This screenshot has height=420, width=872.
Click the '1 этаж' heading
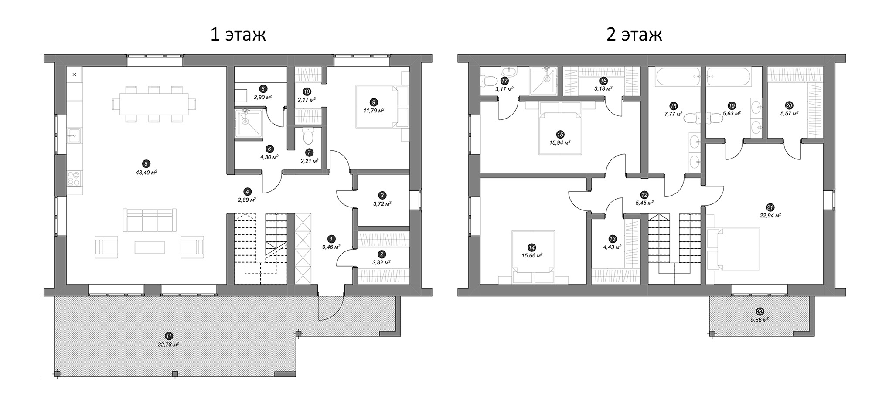(238, 34)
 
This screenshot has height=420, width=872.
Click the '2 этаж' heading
(634, 34)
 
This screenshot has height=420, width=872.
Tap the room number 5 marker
(146, 164)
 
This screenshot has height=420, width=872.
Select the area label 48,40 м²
(146, 173)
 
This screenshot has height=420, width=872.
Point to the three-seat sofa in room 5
(150, 220)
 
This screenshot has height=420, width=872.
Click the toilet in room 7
(308, 136)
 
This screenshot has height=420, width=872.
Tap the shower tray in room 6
(248, 124)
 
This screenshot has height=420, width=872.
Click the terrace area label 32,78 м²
(169, 344)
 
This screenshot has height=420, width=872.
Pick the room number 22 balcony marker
(760, 311)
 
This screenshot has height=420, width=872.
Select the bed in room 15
(560, 131)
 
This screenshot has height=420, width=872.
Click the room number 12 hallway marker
(644, 195)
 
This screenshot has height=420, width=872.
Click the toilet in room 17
(488, 81)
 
